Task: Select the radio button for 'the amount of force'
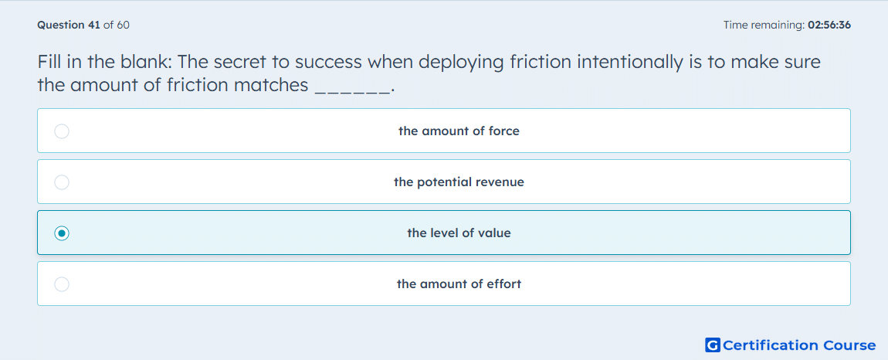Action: [62, 131]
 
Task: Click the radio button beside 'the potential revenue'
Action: [62, 182]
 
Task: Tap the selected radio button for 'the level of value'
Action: [62, 233]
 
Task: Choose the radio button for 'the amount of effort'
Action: [62, 284]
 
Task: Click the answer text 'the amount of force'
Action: [459, 131]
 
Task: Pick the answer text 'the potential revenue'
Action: [459, 182]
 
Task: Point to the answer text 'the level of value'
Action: [459, 233]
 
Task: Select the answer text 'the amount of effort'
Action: [459, 284]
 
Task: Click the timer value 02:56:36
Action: [829, 25]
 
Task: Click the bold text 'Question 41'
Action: [69, 25]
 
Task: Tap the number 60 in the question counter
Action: [123, 25]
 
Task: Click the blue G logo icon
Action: [713, 345]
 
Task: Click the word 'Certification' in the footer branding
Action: [771, 345]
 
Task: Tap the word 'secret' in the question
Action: [237, 62]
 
